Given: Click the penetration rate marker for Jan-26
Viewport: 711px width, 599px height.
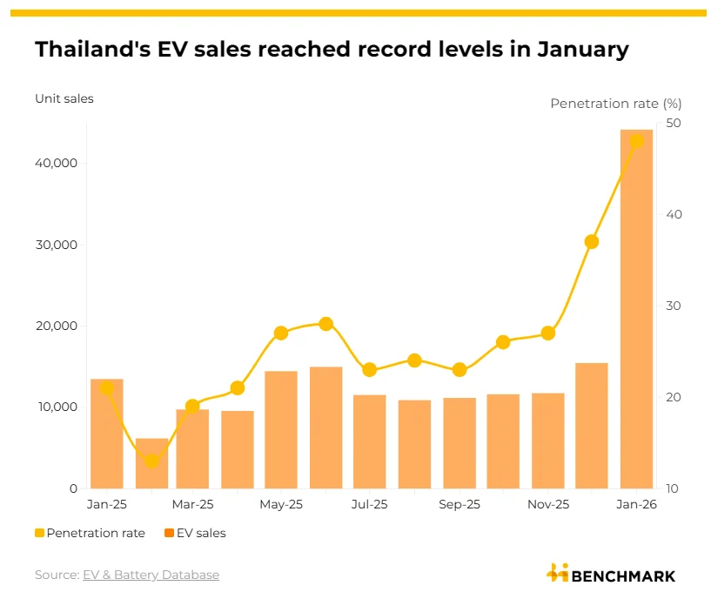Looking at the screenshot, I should point(636,141).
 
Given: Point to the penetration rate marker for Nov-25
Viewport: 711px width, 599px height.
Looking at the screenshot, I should point(548,333).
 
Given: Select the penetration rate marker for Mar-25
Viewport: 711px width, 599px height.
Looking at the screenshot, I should point(192,406).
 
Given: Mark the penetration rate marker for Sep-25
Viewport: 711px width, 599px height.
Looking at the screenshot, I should point(459,369).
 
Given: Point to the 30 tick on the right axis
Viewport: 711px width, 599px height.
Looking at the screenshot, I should point(673,306).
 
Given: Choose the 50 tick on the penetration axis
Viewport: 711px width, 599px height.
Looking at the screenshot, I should point(673,124).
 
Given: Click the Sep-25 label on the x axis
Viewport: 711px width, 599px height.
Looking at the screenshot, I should point(459,504).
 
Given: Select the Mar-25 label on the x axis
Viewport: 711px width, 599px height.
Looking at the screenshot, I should point(192,504).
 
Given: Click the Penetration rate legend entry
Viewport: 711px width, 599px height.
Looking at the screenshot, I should point(91,533).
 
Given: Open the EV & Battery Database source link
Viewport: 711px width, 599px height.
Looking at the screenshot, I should point(151,575).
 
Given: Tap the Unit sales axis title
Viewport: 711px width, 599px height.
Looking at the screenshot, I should point(64,98).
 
